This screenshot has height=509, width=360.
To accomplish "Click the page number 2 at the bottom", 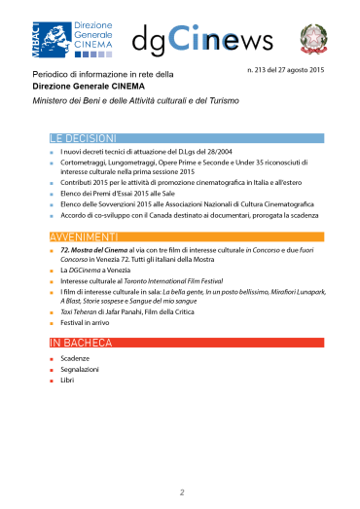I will coord(181,492).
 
